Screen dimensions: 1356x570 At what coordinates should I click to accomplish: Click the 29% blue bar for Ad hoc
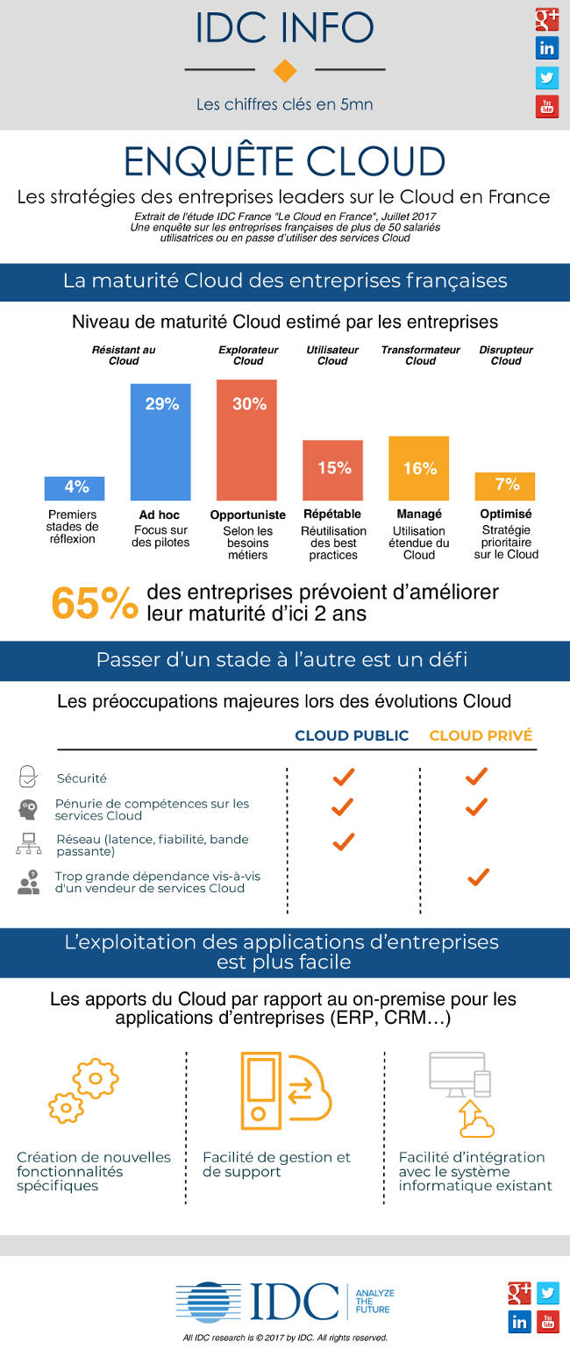tap(160, 442)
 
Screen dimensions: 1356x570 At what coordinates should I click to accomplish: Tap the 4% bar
tap(75, 488)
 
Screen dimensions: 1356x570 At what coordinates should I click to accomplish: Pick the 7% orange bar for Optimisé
tap(505, 486)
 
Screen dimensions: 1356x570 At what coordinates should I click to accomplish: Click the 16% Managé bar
tap(419, 468)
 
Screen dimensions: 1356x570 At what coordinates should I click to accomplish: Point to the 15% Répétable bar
tap(333, 470)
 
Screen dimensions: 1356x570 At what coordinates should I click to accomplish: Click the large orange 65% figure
tap(94, 603)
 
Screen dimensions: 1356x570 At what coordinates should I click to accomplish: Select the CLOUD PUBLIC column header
tap(352, 735)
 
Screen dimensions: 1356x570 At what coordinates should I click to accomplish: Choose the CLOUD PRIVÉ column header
tap(481, 735)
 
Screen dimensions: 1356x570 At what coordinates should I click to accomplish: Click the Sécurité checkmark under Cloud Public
tap(343, 777)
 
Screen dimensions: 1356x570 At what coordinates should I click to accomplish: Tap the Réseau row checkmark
tap(343, 841)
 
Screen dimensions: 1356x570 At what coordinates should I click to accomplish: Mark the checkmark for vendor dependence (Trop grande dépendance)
tap(477, 877)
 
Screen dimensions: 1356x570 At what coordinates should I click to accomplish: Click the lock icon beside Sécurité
tap(29, 777)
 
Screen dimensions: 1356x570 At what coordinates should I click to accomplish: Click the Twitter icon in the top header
tap(547, 77)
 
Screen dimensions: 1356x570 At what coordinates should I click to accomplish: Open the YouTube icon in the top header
tap(547, 107)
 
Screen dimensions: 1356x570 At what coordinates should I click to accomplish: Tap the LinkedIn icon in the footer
tap(519, 1322)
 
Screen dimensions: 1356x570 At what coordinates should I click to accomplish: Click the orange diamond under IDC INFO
tap(285, 71)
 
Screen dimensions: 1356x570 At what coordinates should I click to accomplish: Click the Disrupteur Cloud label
tap(506, 355)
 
